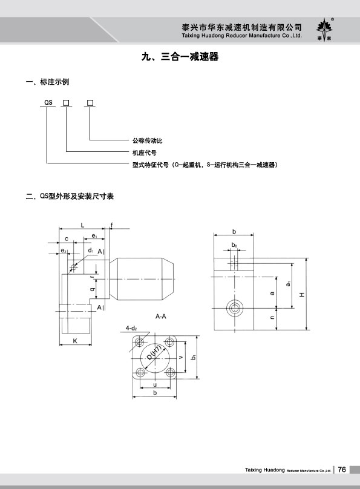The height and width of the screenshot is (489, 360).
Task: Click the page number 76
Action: pyautogui.click(x=342, y=470)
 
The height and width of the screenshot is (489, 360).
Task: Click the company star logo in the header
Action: pyautogui.click(x=324, y=30)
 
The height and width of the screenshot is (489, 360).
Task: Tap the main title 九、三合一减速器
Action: pyautogui.click(x=180, y=57)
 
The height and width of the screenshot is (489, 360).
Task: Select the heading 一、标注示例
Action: pyautogui.click(x=47, y=82)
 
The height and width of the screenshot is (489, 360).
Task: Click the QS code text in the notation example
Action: pyautogui.click(x=48, y=102)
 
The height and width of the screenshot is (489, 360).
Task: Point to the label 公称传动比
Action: pyautogui.click(x=148, y=140)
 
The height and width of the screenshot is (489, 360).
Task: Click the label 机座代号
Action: pyautogui.click(x=145, y=153)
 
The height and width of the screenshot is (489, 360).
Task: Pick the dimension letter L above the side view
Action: pyautogui.click(x=83, y=225)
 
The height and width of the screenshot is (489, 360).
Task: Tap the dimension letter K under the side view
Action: pyautogui.click(x=75, y=341)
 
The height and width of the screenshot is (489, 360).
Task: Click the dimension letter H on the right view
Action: pyautogui.click(x=302, y=294)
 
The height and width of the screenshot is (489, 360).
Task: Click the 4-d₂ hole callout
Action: pyautogui.click(x=131, y=328)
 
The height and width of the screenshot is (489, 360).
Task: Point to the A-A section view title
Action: pyautogui.click(x=161, y=317)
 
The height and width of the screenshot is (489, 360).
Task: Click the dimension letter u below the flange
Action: pyautogui.click(x=155, y=385)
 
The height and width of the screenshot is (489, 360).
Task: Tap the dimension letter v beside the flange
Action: pyautogui.click(x=181, y=358)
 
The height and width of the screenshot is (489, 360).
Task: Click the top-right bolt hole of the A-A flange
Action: pyautogui.click(x=170, y=342)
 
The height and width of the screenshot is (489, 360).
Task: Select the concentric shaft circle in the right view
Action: pyautogui.click(x=234, y=308)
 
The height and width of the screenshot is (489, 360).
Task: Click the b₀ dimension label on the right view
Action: pyautogui.click(x=234, y=245)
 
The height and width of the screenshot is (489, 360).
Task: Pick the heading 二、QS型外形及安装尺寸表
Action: pyautogui.click(x=70, y=196)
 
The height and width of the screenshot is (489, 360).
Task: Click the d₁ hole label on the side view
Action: pyautogui.click(x=91, y=250)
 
